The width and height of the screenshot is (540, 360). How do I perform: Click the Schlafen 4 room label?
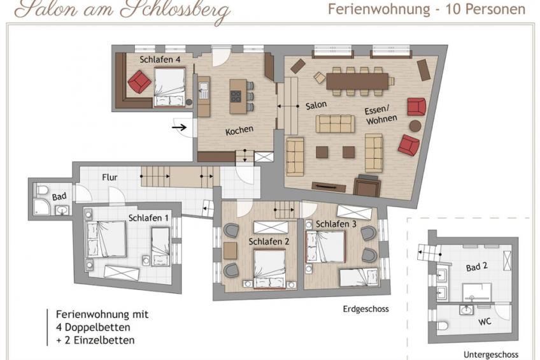click(x=160, y=60)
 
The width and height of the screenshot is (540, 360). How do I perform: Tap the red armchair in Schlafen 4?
click(x=139, y=82)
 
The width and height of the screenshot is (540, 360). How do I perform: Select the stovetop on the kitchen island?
click(x=236, y=96)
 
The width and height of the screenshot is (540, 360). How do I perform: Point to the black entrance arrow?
click(x=179, y=127)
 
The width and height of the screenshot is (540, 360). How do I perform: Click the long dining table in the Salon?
click(x=357, y=82)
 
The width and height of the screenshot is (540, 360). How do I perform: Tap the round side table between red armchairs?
click(x=415, y=126)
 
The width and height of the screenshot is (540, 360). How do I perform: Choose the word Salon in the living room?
click(x=316, y=105)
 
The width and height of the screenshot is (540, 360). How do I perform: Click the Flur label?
click(x=110, y=177)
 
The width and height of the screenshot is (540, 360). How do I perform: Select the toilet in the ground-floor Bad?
click(x=42, y=190)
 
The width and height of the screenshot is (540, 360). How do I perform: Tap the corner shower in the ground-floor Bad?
click(x=41, y=207)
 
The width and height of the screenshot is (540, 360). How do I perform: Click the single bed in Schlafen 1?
click(x=160, y=247)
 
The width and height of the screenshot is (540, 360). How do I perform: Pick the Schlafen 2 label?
click(x=269, y=241)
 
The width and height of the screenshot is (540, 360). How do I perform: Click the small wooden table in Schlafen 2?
click(x=230, y=250)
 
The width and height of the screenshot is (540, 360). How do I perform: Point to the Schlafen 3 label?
click(x=336, y=224)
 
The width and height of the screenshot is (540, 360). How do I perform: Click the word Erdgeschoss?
click(x=366, y=309)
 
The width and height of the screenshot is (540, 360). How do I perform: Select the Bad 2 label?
click(x=476, y=267)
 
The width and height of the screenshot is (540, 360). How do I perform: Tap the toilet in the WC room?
click(x=442, y=326)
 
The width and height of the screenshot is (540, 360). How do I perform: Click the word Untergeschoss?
click(x=491, y=354)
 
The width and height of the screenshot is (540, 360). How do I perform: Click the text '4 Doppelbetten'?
click(x=93, y=327)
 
